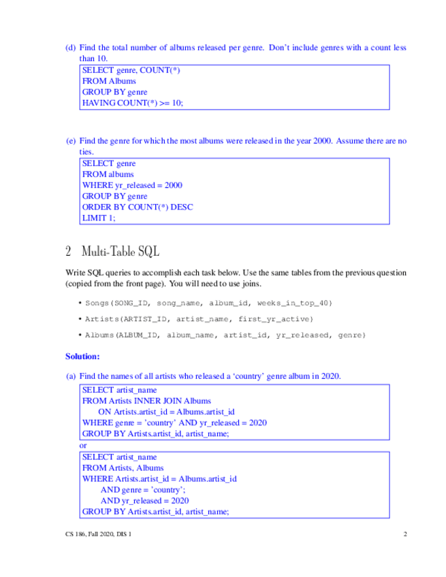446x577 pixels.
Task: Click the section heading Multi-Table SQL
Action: (x=120, y=251)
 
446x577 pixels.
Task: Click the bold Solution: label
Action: (x=82, y=356)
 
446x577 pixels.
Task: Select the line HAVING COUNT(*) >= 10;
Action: (x=133, y=103)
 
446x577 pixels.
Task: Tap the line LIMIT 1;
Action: (x=99, y=218)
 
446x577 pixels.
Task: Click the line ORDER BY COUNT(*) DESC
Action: (x=137, y=207)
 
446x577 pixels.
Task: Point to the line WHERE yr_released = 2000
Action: (x=132, y=185)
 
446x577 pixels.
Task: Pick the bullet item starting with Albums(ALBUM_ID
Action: (x=225, y=335)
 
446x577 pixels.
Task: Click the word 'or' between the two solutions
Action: (x=84, y=445)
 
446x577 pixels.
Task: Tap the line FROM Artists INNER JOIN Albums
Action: (x=146, y=401)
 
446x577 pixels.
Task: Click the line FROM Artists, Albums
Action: (x=123, y=468)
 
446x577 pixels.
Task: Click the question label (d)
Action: (x=70, y=48)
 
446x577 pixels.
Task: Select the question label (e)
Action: (x=70, y=141)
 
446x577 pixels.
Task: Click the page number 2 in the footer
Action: (x=404, y=534)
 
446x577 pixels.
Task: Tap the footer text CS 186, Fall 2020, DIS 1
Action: (x=94, y=534)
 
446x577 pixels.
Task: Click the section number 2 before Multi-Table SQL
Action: (x=69, y=251)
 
